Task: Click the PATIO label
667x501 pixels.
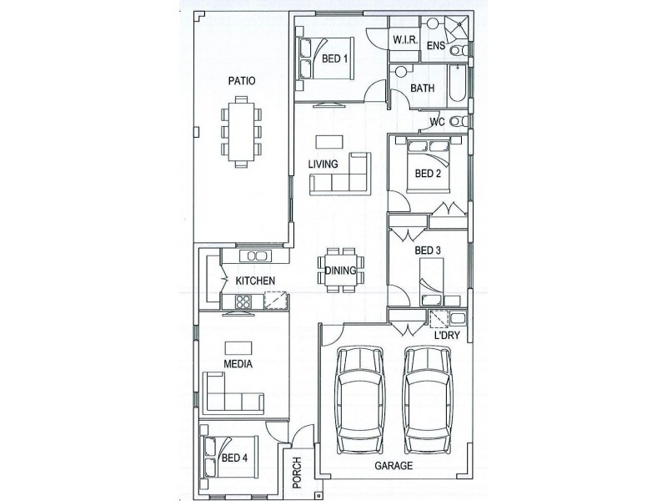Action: click(242, 80)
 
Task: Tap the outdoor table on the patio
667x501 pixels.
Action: click(241, 132)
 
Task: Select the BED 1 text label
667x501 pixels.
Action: click(334, 58)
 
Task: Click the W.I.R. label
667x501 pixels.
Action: click(405, 40)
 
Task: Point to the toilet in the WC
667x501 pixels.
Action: click(459, 121)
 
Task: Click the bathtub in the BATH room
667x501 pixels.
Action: click(458, 83)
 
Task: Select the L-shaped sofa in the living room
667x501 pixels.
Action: click(340, 174)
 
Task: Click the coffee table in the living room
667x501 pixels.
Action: click(329, 142)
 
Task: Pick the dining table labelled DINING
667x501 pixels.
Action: click(340, 270)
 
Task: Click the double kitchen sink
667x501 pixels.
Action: click(255, 256)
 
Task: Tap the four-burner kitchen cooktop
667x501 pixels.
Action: click(243, 301)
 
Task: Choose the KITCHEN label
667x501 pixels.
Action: click(255, 281)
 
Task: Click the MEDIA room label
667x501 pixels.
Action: click(238, 364)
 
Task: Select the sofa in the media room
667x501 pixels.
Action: click(233, 392)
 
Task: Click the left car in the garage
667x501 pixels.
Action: click(360, 400)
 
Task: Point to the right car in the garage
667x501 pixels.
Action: click(428, 400)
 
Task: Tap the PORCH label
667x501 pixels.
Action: click(297, 473)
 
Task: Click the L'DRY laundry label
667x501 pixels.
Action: click(447, 336)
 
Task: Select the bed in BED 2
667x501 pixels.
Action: click(428, 165)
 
